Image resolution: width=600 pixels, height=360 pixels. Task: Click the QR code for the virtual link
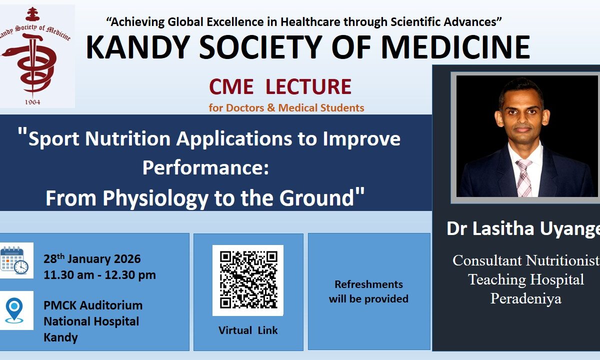coord(248,280)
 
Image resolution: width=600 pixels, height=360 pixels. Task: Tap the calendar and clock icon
coord(14,260)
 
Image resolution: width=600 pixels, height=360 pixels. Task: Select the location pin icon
coord(14,310)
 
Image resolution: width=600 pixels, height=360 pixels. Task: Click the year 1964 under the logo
coord(32,102)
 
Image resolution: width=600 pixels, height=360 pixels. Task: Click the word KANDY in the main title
coord(138,47)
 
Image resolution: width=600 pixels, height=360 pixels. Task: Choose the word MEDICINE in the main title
coord(455,47)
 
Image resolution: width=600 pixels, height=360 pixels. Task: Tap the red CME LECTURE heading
coord(280,86)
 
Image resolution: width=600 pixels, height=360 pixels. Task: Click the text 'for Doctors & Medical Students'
coord(286,107)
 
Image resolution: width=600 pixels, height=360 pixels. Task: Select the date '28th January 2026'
coord(92,259)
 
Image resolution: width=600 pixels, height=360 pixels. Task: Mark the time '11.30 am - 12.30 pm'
coord(99,275)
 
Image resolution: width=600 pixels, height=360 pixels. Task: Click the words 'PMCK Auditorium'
coord(93,305)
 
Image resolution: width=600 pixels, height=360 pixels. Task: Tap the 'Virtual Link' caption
coord(248,330)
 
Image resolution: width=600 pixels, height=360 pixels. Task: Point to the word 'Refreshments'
coord(369,284)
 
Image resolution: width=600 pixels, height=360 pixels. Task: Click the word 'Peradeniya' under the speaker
coord(525,299)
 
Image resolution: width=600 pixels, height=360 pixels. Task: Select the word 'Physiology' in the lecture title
coord(155,198)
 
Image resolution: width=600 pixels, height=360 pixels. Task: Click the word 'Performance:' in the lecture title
coord(205,167)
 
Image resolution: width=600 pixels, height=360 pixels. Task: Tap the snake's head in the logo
coord(8,52)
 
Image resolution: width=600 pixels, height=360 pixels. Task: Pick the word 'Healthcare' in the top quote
coord(310,21)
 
